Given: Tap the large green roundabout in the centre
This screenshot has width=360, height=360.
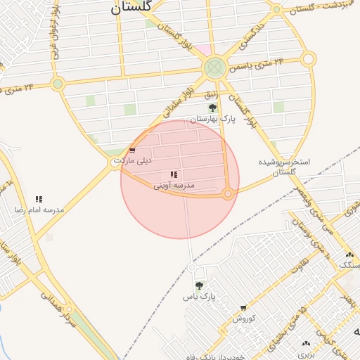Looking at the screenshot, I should pos(214,68).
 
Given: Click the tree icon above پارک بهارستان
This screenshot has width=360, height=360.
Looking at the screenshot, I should pos(213,108).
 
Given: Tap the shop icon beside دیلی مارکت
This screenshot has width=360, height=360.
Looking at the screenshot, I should pos(131,150).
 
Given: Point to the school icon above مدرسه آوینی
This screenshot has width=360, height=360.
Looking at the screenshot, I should pos(174,174).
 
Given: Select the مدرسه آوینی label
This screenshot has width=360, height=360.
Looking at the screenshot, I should pos(174,185).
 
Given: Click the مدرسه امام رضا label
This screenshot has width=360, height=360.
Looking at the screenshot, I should pos(39,210).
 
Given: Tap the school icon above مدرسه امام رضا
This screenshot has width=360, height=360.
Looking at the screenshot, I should pos(38,200).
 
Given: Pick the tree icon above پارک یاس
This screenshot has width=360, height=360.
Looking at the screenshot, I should pos(199,286).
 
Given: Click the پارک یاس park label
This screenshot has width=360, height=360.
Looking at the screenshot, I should pos(198,297).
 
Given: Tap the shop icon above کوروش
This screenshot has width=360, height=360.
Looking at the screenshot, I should pos(243,308).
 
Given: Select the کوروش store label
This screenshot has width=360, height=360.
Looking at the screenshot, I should pos(243,318).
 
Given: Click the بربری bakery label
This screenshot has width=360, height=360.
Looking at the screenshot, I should pos(305,354).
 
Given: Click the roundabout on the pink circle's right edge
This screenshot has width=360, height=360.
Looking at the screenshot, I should pos(228,193).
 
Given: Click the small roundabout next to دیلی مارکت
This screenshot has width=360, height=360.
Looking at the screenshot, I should pos(116,162).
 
